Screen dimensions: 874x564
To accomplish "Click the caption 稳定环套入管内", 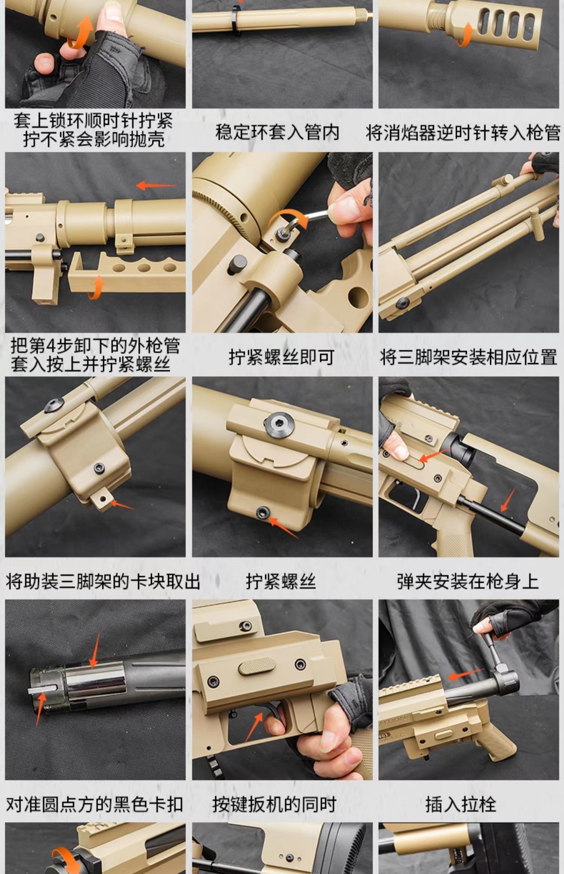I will pos(277,132).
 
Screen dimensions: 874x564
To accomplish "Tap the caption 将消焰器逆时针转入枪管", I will pos(463,132).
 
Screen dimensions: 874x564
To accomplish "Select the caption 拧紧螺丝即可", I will pos(282,357).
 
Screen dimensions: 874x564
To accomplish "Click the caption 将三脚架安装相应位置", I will pos(468,357).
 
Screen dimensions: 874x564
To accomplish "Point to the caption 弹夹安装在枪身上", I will pos(468,581).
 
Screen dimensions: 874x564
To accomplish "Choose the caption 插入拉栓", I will pos(460,804).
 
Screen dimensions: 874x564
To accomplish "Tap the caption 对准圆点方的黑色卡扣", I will pos(95,804).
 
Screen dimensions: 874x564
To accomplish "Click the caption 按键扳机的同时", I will pos(274,804).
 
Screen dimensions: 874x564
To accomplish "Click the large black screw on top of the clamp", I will pos(279,425).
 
